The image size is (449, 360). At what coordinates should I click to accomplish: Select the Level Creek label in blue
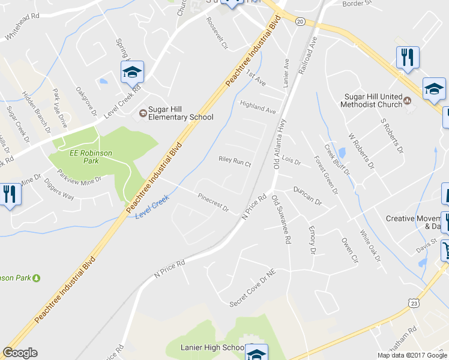152,206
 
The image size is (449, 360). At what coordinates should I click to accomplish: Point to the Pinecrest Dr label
213,202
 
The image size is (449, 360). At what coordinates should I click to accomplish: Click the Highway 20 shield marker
300,20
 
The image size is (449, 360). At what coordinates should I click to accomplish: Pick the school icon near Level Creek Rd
132,73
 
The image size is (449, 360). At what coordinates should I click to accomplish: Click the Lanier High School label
212,347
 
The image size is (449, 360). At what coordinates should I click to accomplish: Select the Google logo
20,353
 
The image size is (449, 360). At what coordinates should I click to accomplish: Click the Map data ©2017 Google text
413,355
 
